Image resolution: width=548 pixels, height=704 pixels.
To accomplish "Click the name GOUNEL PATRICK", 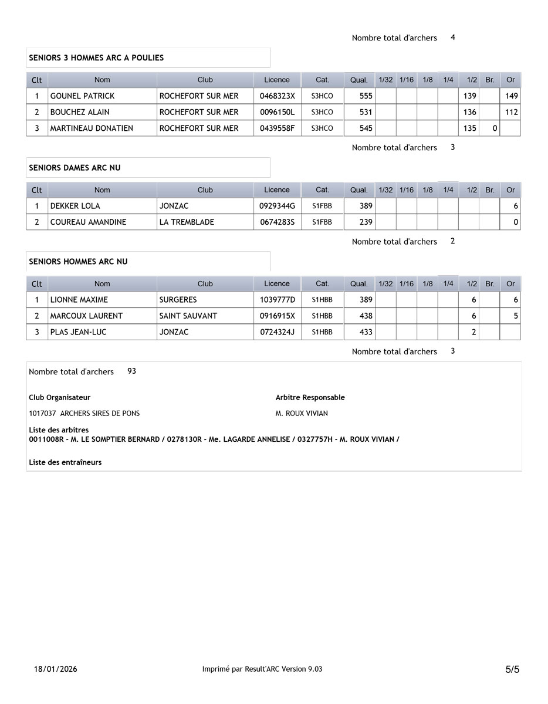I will [x=82, y=96].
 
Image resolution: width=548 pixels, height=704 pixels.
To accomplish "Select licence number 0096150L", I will [x=277, y=112].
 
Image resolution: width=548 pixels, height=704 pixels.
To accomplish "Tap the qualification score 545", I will [x=366, y=128].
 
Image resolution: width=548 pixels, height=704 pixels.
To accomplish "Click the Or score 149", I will [x=511, y=96].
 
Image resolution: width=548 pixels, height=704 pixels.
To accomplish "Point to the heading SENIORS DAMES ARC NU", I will [x=75, y=168].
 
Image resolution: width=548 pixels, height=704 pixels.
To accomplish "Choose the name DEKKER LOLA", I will [x=75, y=206].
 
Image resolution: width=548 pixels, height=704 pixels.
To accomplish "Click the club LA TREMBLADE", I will [x=187, y=222].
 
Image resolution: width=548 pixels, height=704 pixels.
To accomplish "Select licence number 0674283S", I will [x=277, y=222].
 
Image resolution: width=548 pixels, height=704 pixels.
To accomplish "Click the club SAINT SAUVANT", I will [x=188, y=316].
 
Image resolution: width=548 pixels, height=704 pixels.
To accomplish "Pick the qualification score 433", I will [x=366, y=332].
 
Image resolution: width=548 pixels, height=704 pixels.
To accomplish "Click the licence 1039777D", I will [x=277, y=300].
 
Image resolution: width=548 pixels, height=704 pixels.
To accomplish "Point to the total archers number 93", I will [x=131, y=371].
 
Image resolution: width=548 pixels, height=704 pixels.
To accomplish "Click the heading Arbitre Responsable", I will [x=310, y=398].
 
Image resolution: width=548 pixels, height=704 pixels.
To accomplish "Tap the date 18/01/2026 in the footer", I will [x=56, y=669].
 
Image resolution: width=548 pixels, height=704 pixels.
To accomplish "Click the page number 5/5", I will [x=512, y=669].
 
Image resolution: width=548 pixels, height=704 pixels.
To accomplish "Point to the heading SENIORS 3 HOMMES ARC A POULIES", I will [x=96, y=58].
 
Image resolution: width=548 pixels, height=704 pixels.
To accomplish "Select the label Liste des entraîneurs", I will [x=65, y=462].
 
